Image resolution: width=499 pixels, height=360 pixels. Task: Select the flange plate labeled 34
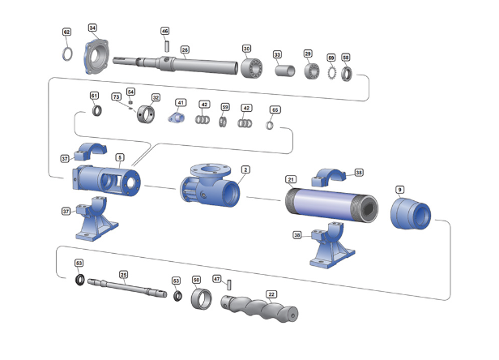(x=100, y=55)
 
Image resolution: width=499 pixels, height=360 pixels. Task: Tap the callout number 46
(x=165, y=32)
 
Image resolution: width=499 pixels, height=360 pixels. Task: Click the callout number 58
(x=346, y=58)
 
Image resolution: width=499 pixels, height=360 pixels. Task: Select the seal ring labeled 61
(x=96, y=111)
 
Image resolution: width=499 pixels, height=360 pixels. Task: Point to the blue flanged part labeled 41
(x=178, y=118)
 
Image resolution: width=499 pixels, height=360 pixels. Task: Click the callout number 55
(x=275, y=109)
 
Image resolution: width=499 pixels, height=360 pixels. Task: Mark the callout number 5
(x=120, y=157)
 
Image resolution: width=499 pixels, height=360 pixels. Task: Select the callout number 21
(x=291, y=178)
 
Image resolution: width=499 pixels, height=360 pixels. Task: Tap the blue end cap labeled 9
(x=411, y=213)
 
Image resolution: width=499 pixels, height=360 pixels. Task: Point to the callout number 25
(x=123, y=274)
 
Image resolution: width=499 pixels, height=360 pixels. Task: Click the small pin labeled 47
(x=229, y=285)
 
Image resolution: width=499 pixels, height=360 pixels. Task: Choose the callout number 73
(x=116, y=97)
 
